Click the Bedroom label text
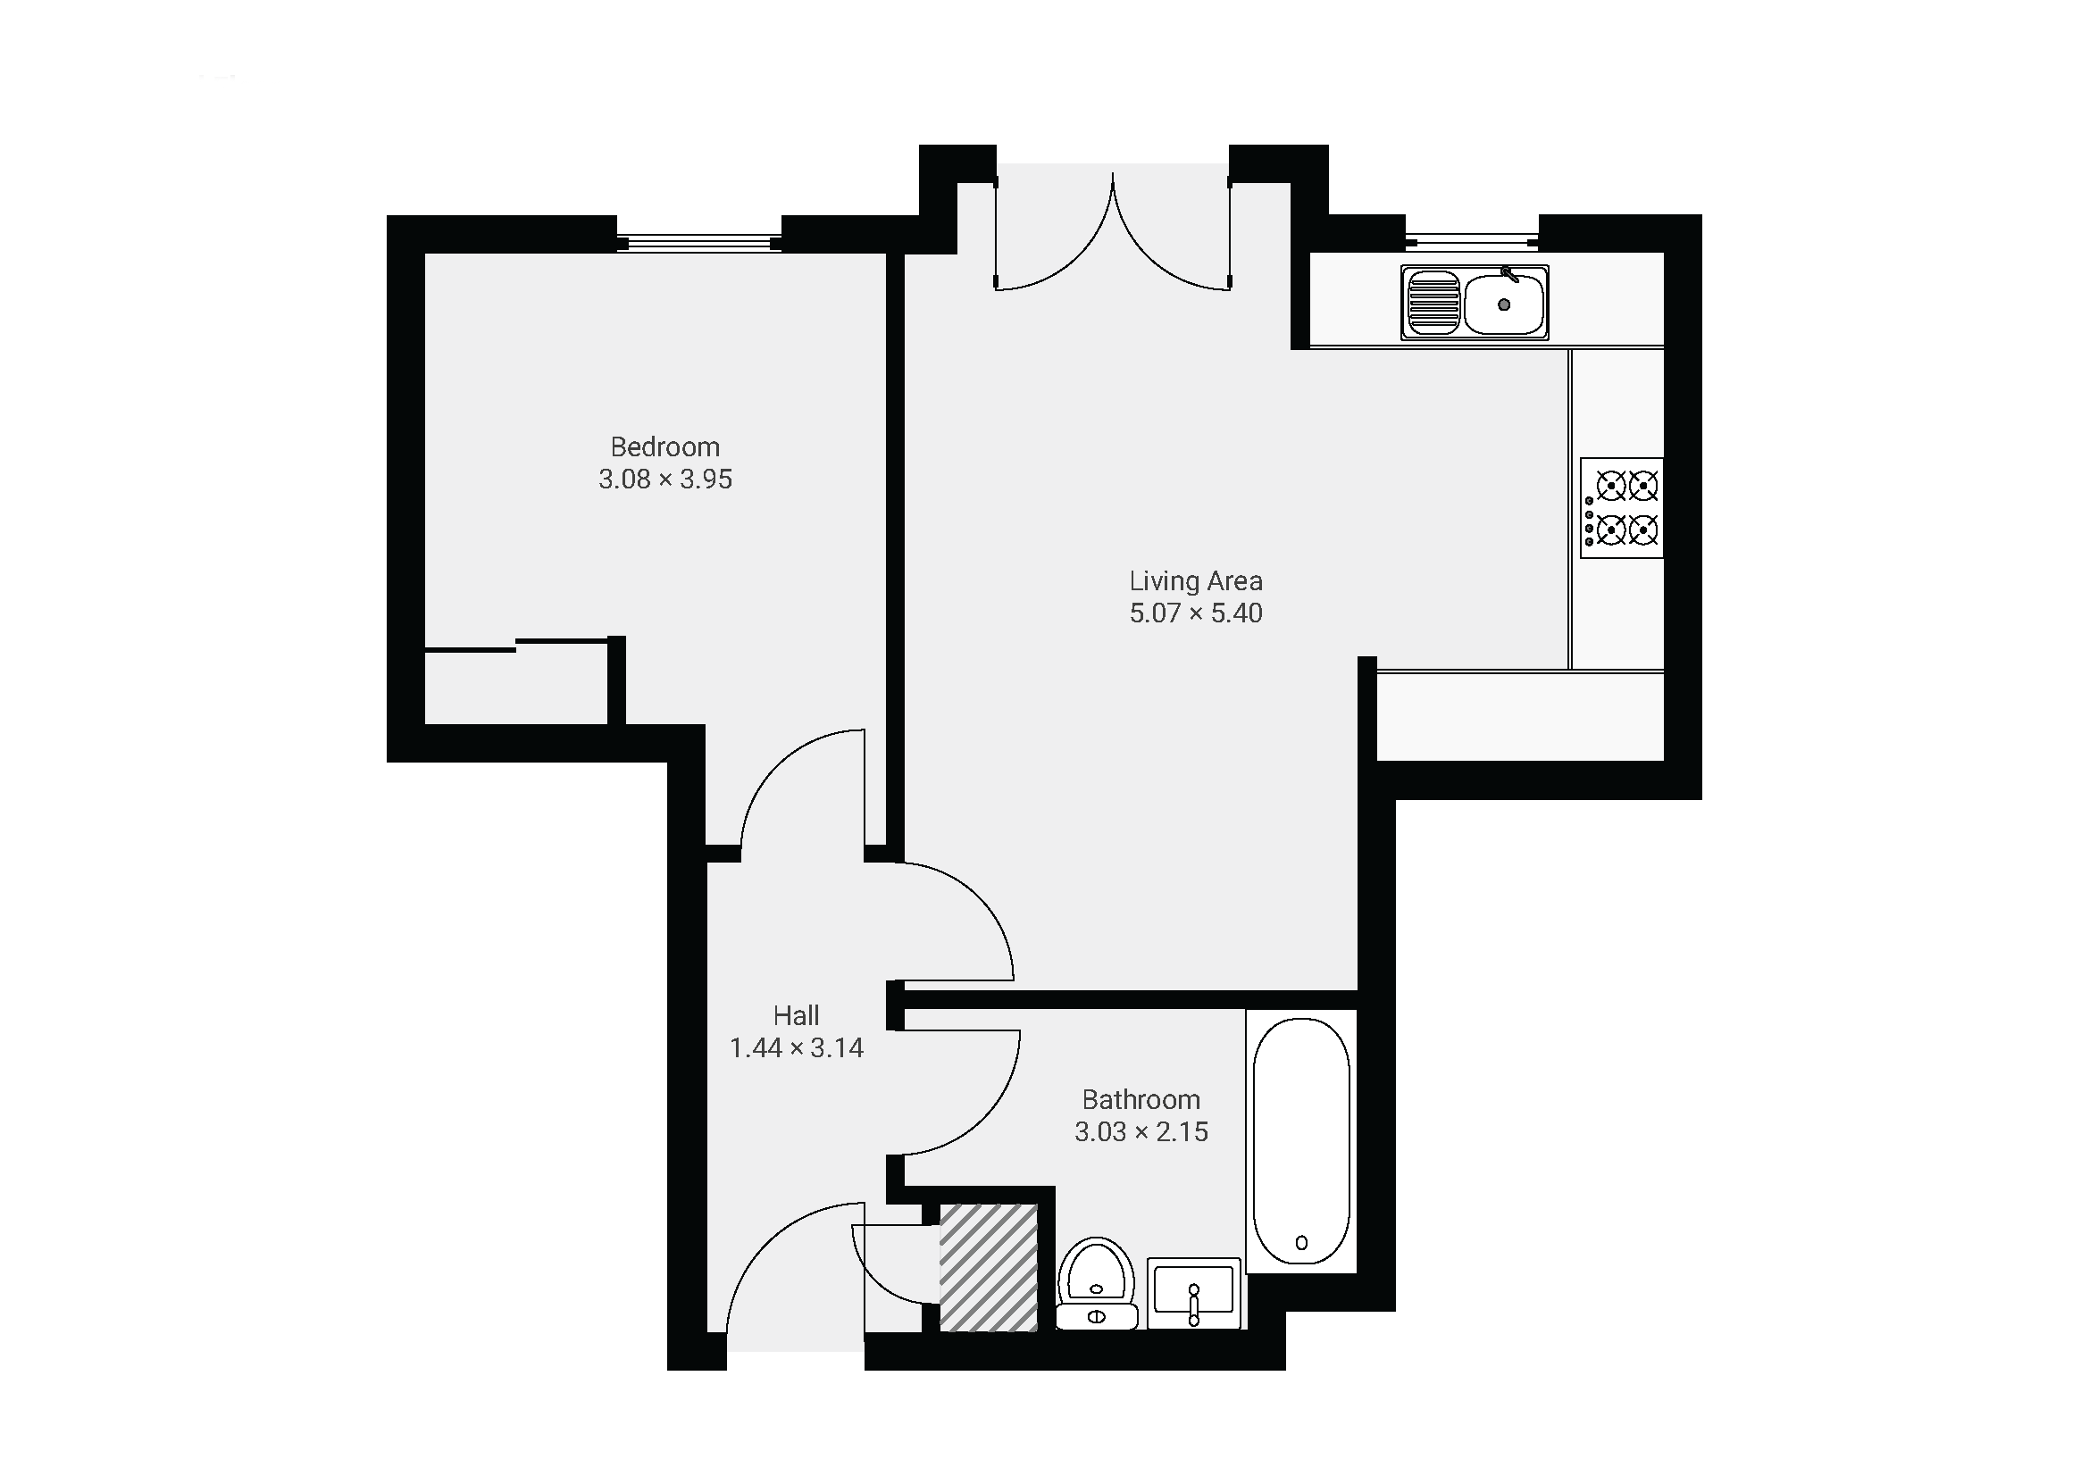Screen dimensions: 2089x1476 [x=665, y=447]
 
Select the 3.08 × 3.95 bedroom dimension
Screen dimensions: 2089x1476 [x=665, y=479]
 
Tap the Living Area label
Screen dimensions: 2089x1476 [x=1196, y=581]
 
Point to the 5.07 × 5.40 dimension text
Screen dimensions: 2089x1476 [x=1196, y=613]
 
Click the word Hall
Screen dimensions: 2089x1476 [x=796, y=1015]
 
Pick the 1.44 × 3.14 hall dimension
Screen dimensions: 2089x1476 [x=796, y=1047]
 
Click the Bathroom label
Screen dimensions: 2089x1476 [x=1141, y=1099]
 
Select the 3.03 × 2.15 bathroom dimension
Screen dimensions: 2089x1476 [x=1141, y=1132]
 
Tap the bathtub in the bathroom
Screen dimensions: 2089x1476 [x=1301, y=1140]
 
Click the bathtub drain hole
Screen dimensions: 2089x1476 [x=1301, y=1242]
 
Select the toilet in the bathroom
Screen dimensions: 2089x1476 [x=1097, y=1282]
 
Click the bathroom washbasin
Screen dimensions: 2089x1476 [x=1194, y=1293]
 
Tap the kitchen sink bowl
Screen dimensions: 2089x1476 [x=1504, y=304]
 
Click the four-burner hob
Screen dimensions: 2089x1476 [x=1621, y=508]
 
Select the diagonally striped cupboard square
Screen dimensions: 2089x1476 [x=988, y=1268]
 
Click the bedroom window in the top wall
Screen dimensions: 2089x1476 [x=698, y=243]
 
